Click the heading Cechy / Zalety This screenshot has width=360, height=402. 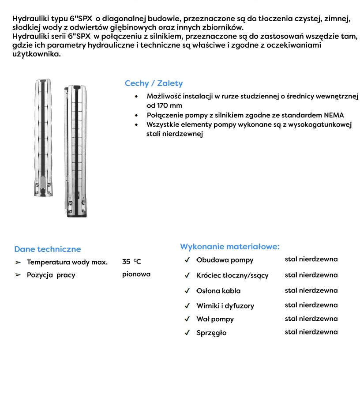(x=154, y=83)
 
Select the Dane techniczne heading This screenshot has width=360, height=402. (x=48, y=249)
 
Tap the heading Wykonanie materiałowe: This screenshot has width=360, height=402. (x=229, y=247)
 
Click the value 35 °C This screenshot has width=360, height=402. (x=131, y=262)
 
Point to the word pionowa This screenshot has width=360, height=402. (x=136, y=274)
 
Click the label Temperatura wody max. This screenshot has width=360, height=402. (x=67, y=263)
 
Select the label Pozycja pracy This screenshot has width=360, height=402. (x=51, y=275)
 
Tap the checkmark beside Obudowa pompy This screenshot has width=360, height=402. (x=187, y=260)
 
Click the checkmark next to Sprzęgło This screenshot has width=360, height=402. (x=187, y=332)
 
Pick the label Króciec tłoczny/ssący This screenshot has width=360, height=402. (x=232, y=275)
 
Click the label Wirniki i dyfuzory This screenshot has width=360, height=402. (x=225, y=306)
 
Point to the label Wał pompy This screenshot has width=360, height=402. (x=215, y=319)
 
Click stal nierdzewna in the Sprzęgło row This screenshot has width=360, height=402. (x=311, y=332)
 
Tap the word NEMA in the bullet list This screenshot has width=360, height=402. (x=335, y=115)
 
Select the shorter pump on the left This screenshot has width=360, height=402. (x=43, y=137)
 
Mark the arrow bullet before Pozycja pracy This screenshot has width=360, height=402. (x=18, y=275)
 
